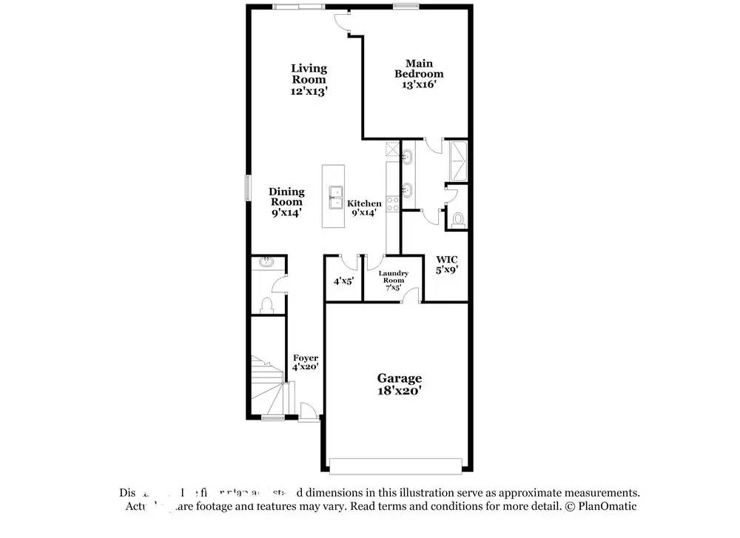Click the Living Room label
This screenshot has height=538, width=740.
[x=309, y=79]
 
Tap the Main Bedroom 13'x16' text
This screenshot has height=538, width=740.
[x=419, y=74]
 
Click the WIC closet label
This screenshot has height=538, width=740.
[x=447, y=265]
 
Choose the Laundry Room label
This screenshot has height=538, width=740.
[x=393, y=280]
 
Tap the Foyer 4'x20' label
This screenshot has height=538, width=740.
[x=306, y=362]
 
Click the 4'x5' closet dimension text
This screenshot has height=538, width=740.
[x=343, y=281]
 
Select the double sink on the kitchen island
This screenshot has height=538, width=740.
[x=336, y=198]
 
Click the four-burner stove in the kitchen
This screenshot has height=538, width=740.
[x=392, y=200]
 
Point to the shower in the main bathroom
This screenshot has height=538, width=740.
[x=457, y=159]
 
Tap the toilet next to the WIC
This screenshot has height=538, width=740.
[x=457, y=220]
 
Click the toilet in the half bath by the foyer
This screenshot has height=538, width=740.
[x=266, y=305]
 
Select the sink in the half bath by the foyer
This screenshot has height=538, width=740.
[x=266, y=262]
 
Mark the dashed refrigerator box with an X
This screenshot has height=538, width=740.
[x=391, y=149]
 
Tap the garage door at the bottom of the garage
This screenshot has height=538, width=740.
[x=397, y=465]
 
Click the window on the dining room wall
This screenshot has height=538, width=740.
[x=248, y=186]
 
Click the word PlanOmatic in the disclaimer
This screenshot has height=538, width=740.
[x=609, y=506]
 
